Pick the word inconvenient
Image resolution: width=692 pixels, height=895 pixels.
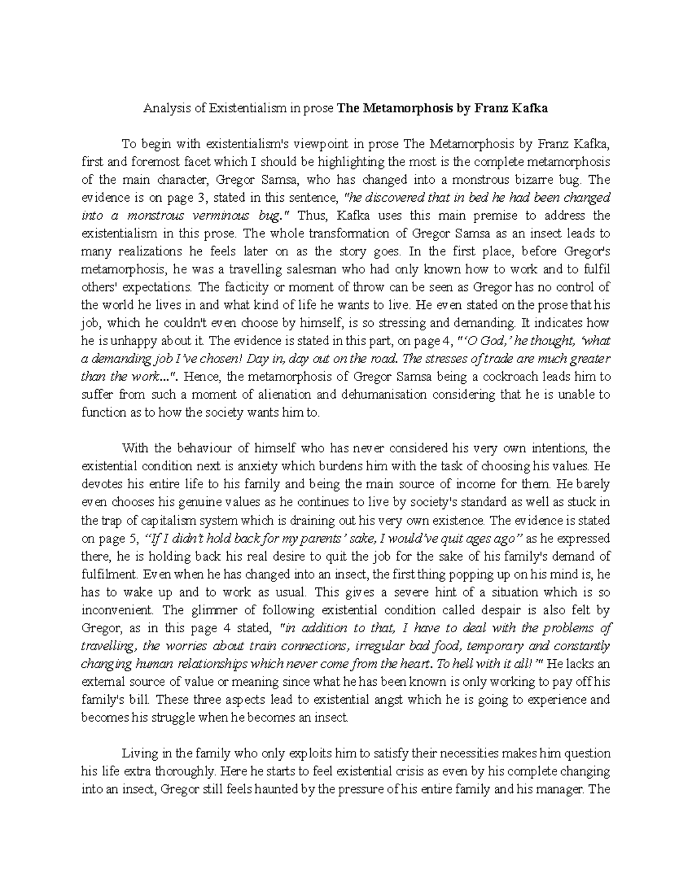(120, 610)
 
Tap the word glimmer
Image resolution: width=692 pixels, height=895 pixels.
(208, 610)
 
